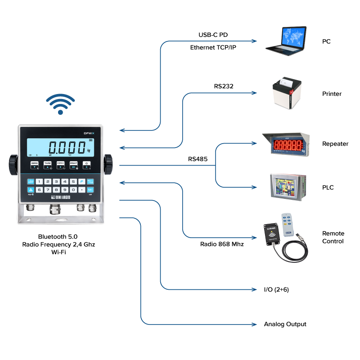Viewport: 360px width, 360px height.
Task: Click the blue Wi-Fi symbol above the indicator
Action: click(x=60, y=104)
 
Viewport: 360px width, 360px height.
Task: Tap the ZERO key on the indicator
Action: click(x=35, y=165)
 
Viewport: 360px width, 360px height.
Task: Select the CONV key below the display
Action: click(x=60, y=165)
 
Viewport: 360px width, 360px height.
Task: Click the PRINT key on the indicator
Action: click(x=73, y=165)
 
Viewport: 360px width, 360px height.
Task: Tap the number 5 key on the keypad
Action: click(x=73, y=182)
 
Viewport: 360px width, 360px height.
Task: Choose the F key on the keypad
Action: click(x=81, y=182)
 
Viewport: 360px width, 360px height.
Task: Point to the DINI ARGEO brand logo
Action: click(x=60, y=197)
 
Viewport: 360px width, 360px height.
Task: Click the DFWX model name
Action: click(x=88, y=133)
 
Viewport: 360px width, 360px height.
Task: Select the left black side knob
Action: click(x=13, y=165)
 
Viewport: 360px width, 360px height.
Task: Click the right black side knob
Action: click(x=108, y=165)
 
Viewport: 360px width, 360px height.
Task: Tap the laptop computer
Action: click(x=287, y=40)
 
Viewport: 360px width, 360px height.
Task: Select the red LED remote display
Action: click(x=286, y=144)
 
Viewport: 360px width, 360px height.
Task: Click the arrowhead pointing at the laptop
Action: click(x=255, y=41)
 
